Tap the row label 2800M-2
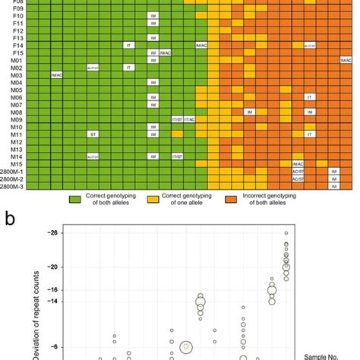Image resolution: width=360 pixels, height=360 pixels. coord(13,178)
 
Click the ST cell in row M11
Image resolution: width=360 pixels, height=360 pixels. coord(93,134)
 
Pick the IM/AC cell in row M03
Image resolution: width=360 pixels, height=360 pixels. coord(57,75)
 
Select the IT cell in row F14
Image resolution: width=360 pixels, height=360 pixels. coord(128,46)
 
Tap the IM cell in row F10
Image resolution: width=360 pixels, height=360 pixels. coord(153,16)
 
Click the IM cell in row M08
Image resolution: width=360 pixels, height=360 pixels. coord(248,112)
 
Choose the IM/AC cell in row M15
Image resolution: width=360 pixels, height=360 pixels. coord(297,164)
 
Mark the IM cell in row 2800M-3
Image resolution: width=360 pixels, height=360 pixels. coord(333,186)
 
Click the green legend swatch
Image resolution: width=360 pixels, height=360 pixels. coord(74,199)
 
